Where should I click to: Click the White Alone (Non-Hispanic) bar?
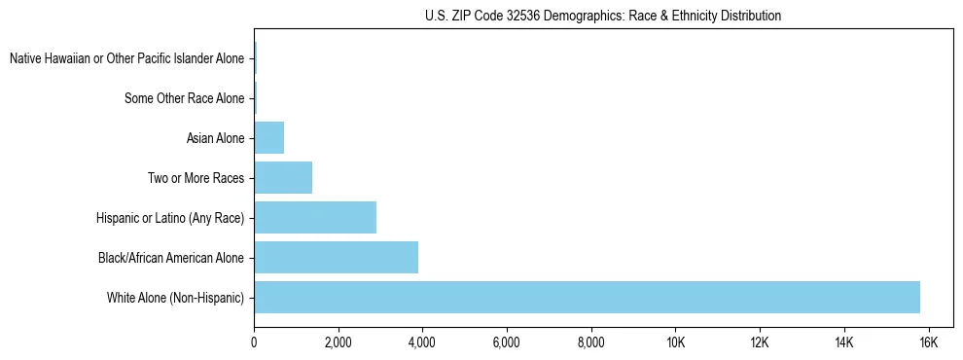click(x=587, y=297)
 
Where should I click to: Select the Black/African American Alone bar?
click(x=336, y=257)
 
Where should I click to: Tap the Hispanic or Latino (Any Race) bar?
click(x=315, y=217)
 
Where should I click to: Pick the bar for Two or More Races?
click(x=283, y=178)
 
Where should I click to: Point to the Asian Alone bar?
click(x=268, y=138)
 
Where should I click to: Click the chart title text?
click(x=603, y=16)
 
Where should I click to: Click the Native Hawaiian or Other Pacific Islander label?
click(x=127, y=58)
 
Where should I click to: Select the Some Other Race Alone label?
click(x=185, y=98)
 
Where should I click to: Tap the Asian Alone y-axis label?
click(x=215, y=138)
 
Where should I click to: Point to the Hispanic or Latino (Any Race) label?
click(x=170, y=218)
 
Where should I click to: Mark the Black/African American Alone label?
click(x=171, y=257)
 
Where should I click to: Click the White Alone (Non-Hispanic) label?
click(x=176, y=297)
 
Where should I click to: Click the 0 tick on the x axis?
click(x=254, y=342)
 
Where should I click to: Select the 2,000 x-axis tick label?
click(x=339, y=342)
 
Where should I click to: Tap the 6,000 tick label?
click(x=507, y=342)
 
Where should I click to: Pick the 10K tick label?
click(x=675, y=342)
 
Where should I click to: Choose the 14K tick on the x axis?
click(x=843, y=342)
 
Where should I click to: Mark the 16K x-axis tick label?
click(x=928, y=342)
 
